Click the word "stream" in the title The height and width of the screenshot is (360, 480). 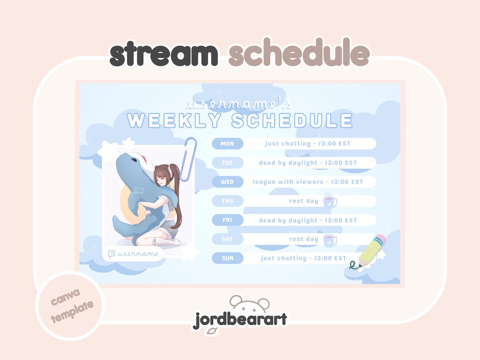(164, 55)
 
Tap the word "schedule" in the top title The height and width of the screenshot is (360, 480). (299, 55)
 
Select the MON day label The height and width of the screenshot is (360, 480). (227, 144)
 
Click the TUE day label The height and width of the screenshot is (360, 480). (227, 163)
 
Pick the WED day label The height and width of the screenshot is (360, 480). (227, 182)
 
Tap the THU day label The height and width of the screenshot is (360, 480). (227, 201)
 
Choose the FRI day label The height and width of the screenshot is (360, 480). (227, 220)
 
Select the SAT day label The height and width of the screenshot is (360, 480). (227, 239)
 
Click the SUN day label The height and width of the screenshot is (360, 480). (227, 258)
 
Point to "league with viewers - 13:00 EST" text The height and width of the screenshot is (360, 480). (308, 182)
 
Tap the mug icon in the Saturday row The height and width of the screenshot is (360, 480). (329, 240)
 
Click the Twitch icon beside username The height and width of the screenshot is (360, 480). (112, 254)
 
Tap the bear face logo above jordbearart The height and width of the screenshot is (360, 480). (249, 304)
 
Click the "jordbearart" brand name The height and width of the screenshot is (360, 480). (240, 320)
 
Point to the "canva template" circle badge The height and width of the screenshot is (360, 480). (68, 305)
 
